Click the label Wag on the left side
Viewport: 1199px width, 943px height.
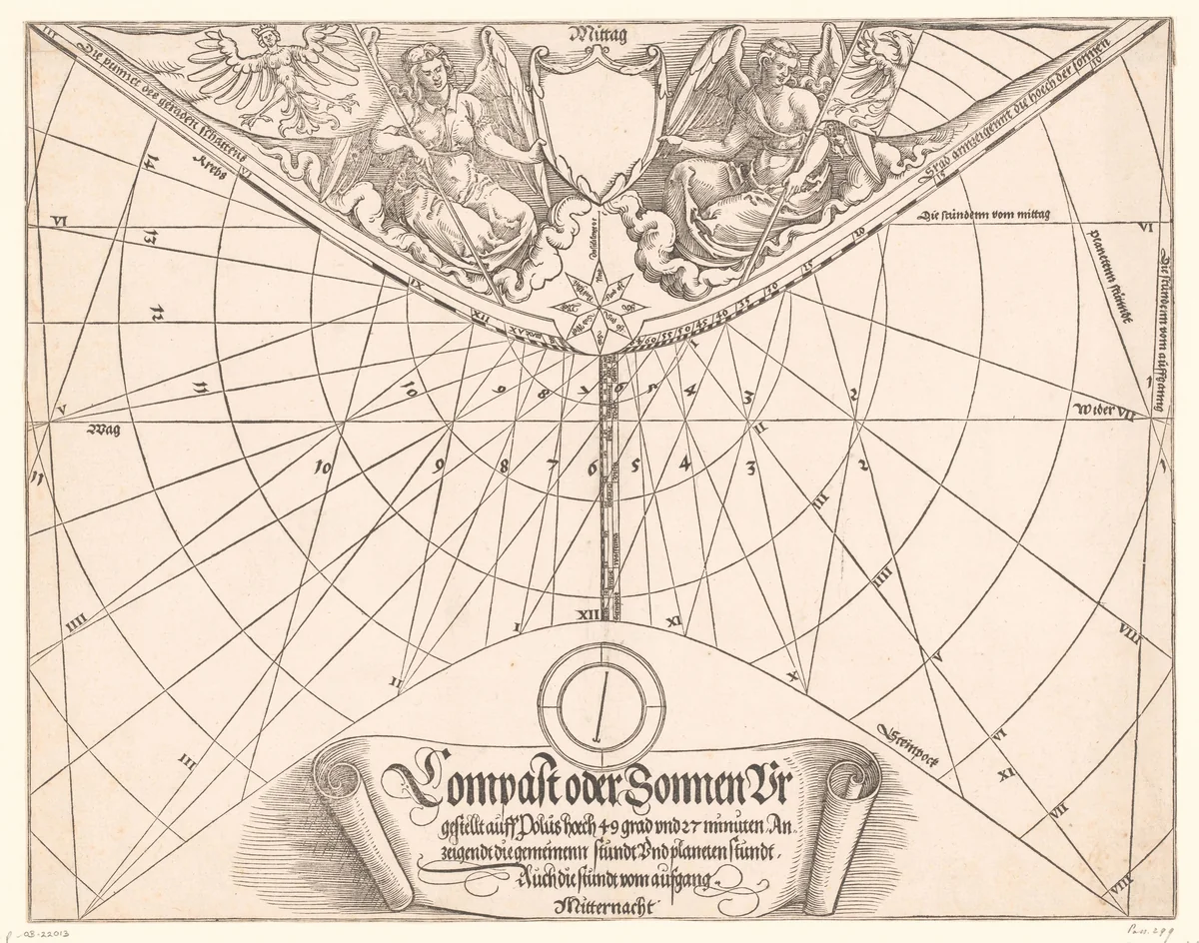pos(103,431)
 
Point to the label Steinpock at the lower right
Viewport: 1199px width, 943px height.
pos(906,743)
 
